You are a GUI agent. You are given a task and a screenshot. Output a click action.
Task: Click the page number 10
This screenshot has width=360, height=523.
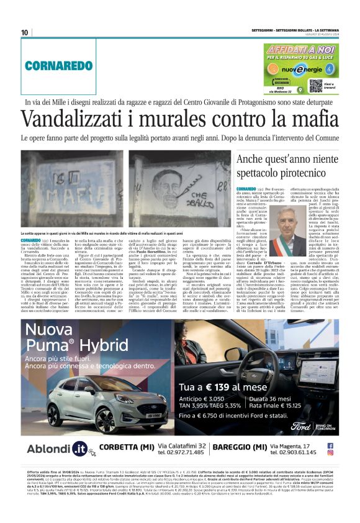pos(25,33)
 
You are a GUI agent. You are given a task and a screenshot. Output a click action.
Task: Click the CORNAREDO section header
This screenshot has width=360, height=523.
pos(50,65)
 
